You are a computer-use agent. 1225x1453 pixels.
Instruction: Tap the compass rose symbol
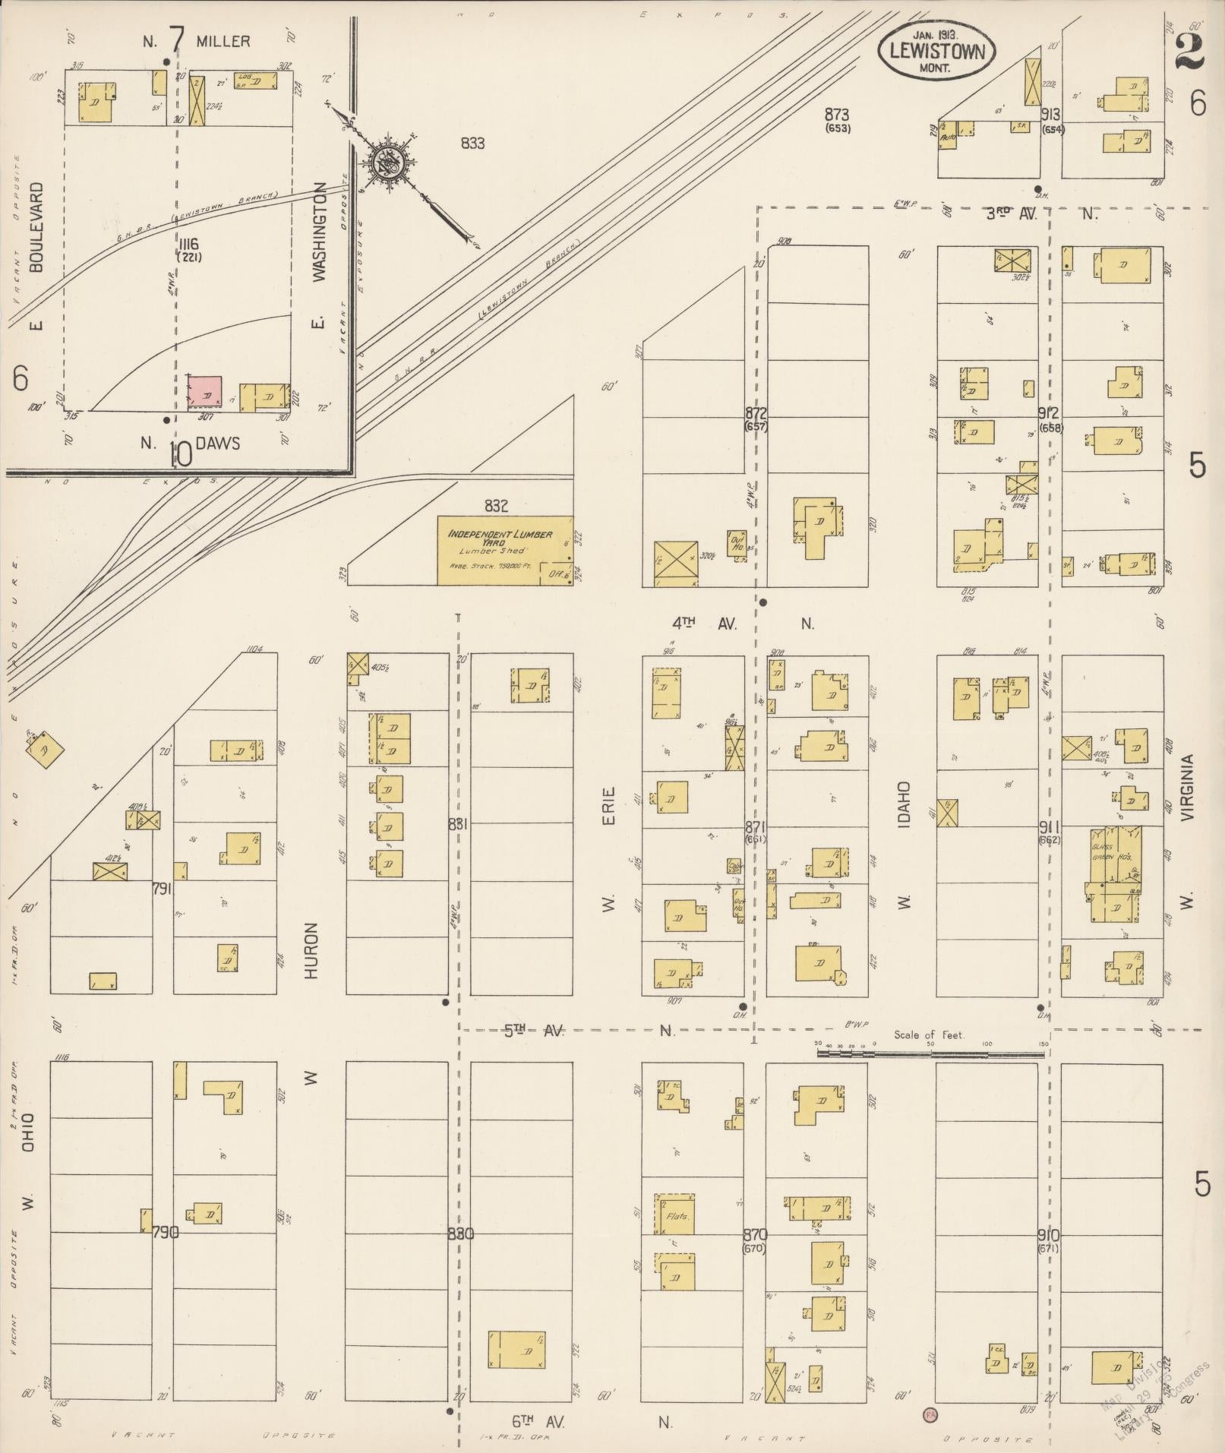click(390, 161)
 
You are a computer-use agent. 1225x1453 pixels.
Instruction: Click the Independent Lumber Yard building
click(504, 551)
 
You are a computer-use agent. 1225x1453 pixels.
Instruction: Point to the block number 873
click(837, 115)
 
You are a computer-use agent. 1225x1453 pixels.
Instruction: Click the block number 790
click(166, 1233)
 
